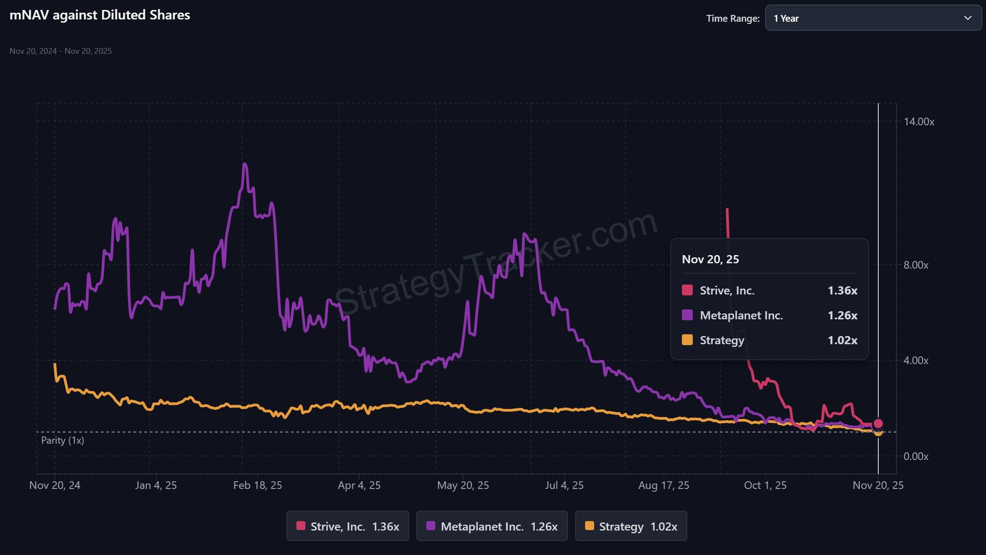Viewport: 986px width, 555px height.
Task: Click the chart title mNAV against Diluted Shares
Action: click(100, 15)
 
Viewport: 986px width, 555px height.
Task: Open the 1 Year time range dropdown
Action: click(873, 18)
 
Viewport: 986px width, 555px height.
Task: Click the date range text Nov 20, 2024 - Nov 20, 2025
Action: click(60, 51)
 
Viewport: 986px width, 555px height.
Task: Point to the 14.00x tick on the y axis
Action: click(919, 122)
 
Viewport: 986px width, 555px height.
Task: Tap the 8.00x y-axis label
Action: click(916, 265)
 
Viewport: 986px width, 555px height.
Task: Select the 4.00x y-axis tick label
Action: click(916, 360)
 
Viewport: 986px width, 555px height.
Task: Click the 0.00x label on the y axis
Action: click(916, 456)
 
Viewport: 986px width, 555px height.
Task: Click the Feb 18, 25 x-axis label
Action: click(258, 485)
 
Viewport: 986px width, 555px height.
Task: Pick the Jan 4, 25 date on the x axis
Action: click(156, 485)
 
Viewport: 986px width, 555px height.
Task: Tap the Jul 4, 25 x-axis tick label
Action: click(564, 485)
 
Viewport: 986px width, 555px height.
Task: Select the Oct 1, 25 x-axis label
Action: click(765, 485)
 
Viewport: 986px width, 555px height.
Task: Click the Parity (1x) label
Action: click(62, 440)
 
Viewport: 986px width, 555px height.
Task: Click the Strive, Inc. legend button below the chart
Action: click(348, 527)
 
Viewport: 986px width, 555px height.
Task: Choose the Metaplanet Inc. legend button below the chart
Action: click(492, 527)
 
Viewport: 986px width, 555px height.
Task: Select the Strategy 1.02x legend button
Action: click(631, 527)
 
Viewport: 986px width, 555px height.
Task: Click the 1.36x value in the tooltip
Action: click(842, 291)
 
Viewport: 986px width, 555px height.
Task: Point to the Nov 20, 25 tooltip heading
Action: click(710, 259)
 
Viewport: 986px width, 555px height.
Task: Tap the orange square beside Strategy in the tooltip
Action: click(687, 340)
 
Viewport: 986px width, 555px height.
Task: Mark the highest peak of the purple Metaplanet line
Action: click(245, 164)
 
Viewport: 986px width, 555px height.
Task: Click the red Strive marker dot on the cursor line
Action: click(878, 424)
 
